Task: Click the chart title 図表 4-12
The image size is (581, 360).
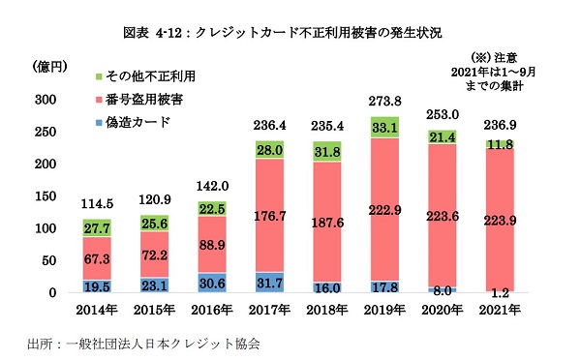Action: pos(290,32)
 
